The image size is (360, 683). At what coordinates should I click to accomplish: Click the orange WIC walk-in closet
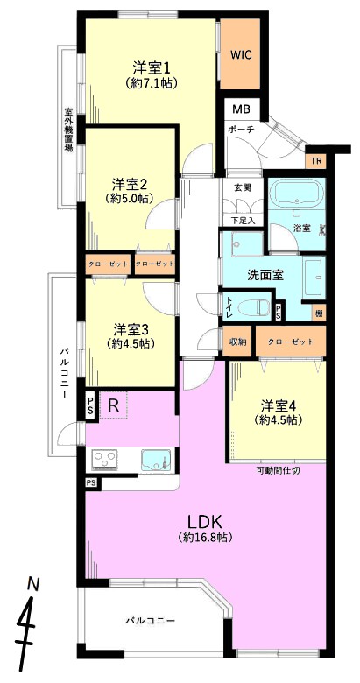(x=241, y=55)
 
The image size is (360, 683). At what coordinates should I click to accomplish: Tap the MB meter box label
(x=241, y=109)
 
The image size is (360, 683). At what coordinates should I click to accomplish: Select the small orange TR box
(x=316, y=162)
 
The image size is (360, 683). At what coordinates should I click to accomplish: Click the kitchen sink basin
(x=156, y=460)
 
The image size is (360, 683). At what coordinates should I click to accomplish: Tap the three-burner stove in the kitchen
(x=105, y=460)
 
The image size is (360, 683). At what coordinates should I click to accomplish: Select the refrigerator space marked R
(x=113, y=405)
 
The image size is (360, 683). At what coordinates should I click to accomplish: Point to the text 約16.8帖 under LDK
(x=204, y=537)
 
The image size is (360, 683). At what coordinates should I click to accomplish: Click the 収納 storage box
(x=237, y=341)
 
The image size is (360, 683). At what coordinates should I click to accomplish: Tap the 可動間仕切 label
(x=277, y=470)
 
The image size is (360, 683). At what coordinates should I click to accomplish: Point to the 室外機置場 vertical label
(x=68, y=129)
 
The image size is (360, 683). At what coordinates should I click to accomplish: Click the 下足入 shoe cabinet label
(x=243, y=221)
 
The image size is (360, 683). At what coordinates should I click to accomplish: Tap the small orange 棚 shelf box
(x=320, y=313)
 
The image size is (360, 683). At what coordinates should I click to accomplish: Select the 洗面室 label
(x=266, y=275)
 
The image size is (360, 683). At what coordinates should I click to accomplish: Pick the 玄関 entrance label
(x=244, y=187)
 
